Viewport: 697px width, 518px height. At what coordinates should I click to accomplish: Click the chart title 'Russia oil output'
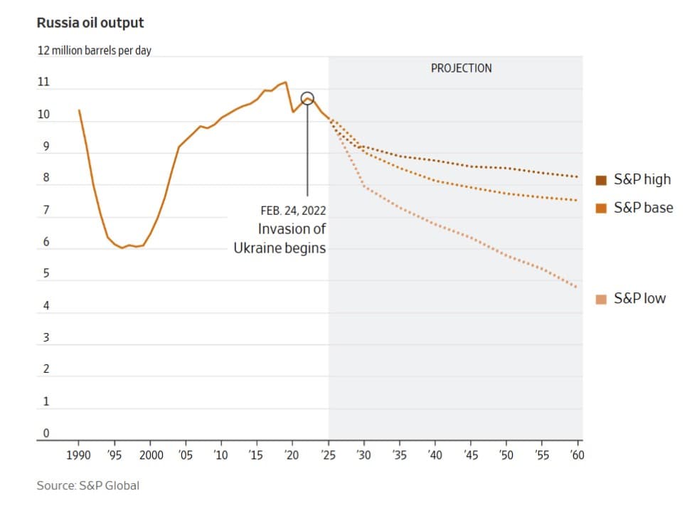[90, 23]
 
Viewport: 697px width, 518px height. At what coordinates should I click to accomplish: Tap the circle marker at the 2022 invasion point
[307, 98]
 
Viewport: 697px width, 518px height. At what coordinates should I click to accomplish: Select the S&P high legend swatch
[601, 179]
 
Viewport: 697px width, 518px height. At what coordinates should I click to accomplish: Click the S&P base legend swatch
[601, 208]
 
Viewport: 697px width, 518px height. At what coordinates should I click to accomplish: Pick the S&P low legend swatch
[601, 299]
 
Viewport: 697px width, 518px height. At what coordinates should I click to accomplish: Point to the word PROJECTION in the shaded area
[461, 68]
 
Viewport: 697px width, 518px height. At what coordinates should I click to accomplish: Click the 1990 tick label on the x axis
[78, 455]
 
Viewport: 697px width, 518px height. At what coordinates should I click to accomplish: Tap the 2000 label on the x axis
[150, 455]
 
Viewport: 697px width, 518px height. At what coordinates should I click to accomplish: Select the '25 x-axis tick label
[328, 455]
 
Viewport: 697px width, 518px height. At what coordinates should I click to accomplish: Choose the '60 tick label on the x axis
[577, 455]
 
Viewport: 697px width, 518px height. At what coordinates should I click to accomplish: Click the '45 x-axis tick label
[470, 455]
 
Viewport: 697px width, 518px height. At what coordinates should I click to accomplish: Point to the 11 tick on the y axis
[43, 83]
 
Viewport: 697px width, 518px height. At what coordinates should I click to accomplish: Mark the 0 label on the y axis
[46, 433]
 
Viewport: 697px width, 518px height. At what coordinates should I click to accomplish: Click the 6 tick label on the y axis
[46, 242]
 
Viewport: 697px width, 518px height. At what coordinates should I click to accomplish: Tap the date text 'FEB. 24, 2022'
[294, 211]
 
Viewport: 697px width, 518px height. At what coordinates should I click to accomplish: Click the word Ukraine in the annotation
[257, 248]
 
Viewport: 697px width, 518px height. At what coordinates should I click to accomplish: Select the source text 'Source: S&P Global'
[88, 485]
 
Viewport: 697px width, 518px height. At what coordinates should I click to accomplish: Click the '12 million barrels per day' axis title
[94, 51]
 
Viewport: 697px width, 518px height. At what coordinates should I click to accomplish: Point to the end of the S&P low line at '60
[577, 287]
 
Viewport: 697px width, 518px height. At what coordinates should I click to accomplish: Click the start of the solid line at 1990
[78, 110]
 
